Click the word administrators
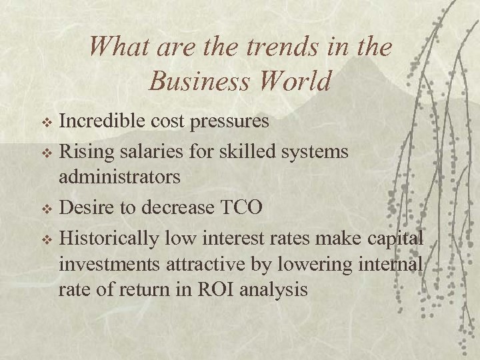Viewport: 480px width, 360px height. [120, 177]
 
